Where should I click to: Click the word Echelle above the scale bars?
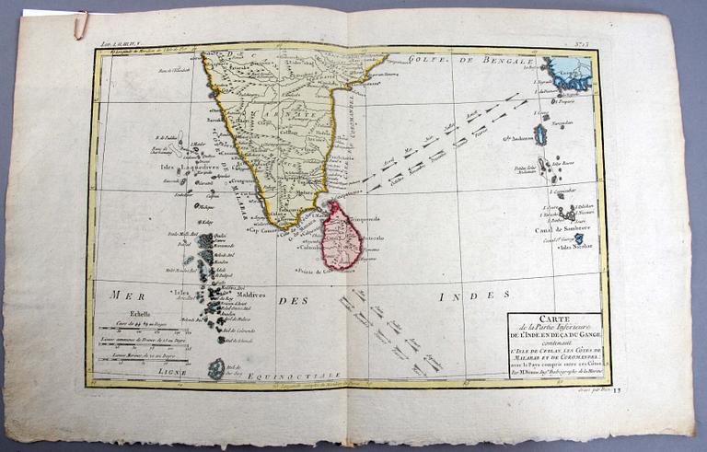[117, 313]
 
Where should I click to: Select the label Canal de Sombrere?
[562, 227]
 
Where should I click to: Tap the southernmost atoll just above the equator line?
[215, 369]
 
